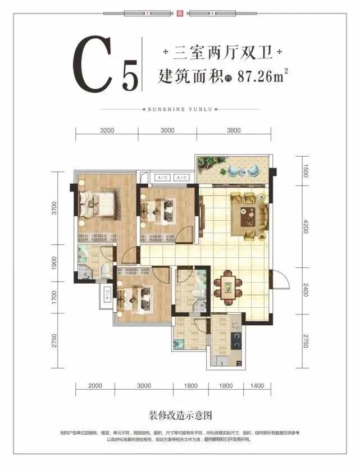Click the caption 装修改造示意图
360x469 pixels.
[180, 416]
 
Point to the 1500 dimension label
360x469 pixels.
[306, 170]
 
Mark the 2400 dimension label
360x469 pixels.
[306, 290]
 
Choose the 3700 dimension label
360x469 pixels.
[54, 209]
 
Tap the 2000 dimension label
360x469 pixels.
[95, 386]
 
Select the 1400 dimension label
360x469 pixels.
[257, 386]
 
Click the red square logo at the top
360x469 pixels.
[180, 12]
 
